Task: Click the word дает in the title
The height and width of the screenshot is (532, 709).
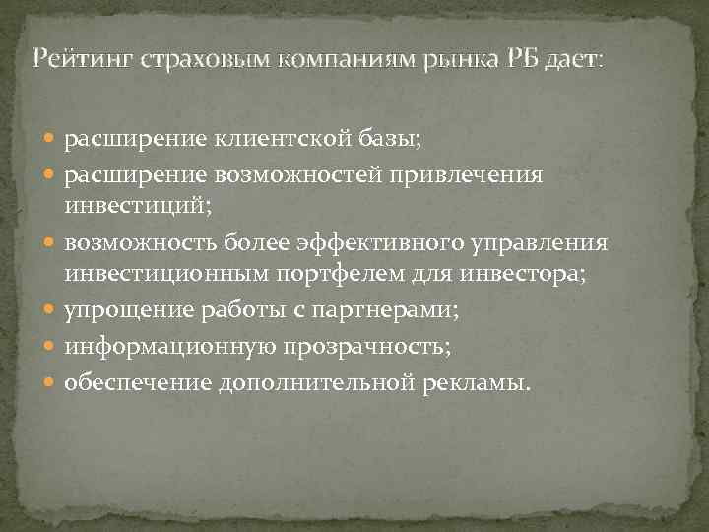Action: pos(570,60)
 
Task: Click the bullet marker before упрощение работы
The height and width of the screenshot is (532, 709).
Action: pos(51,312)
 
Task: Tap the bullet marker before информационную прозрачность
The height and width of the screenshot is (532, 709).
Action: pos(51,347)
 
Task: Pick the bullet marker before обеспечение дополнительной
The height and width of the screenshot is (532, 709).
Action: pos(51,381)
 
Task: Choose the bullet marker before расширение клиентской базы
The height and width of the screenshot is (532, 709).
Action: pos(51,140)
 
